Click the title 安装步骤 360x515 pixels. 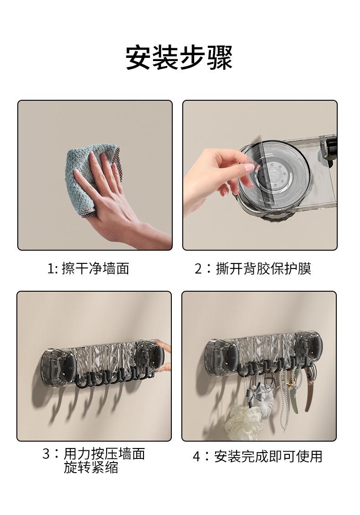[179, 57]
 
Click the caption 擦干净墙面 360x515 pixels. [95, 269]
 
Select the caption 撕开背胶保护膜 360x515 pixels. [263, 269]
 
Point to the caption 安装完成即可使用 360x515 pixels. [268, 457]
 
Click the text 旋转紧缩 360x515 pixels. [91, 468]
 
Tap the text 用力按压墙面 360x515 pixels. [104, 453]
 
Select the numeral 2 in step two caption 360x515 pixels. [198, 269]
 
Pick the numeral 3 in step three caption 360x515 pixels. [46, 454]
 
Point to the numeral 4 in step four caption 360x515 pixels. [196, 457]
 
